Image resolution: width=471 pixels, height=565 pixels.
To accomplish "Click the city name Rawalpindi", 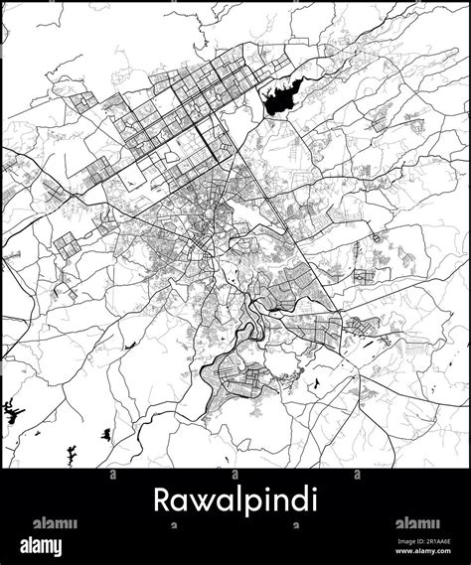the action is pyautogui.click(x=235, y=499).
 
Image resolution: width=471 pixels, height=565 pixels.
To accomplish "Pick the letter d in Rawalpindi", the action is pyautogui.click(x=290, y=498).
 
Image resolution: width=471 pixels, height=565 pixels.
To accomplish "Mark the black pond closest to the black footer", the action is pyautogui.click(x=71, y=456).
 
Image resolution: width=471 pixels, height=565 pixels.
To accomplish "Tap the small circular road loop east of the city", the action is pyautogui.click(x=377, y=238).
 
